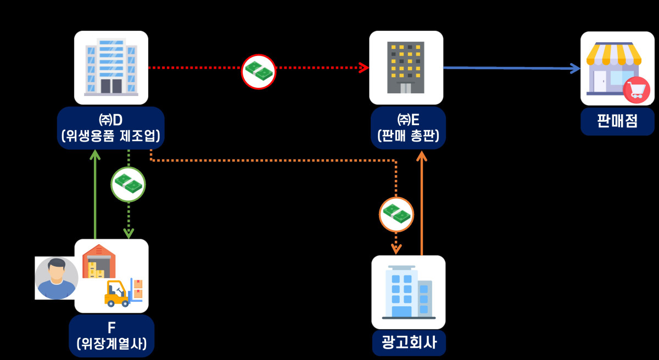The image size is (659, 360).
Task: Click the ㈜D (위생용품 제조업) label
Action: pos(111,127)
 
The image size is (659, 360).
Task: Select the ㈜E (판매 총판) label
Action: pos(408,127)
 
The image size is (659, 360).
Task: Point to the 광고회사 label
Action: pos(409,343)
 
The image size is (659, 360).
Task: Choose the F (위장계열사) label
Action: pos(111,336)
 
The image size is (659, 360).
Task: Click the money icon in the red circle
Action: pos(259,71)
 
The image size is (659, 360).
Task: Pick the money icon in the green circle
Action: pos(128,184)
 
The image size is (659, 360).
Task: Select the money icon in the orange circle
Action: pos(396,214)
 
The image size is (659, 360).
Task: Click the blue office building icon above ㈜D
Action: pos(111,67)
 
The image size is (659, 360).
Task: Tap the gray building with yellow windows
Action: pos(406,67)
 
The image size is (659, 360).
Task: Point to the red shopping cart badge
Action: pos(636,91)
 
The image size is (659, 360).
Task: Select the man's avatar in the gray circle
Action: pos(57,278)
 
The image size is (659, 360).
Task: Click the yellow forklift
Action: pos(118,294)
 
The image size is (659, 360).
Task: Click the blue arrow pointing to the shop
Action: pos(511,68)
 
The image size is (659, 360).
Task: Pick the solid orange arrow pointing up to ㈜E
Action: pos(421,203)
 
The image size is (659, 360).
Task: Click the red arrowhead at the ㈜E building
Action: pos(364,67)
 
